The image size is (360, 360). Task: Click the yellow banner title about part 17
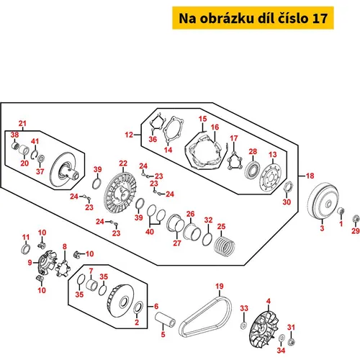[x=253, y=18]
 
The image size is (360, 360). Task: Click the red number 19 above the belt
[x=220, y=286]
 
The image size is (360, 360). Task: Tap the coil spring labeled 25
[x=225, y=246]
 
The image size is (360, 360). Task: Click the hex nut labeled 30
[x=287, y=186]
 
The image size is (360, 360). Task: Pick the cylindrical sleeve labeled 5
[x=165, y=319]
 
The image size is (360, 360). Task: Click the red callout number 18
[x=310, y=176]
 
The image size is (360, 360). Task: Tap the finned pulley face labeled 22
[x=120, y=192]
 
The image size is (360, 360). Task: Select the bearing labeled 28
[x=253, y=170]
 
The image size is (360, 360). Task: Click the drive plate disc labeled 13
[x=270, y=178]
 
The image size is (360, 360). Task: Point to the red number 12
[x=129, y=135]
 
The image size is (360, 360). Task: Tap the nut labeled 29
[x=356, y=219]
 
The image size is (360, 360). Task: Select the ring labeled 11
[x=25, y=249]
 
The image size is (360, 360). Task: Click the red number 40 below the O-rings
[x=150, y=232]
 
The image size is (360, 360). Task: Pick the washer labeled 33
[x=243, y=325]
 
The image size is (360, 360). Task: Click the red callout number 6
[x=156, y=306]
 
